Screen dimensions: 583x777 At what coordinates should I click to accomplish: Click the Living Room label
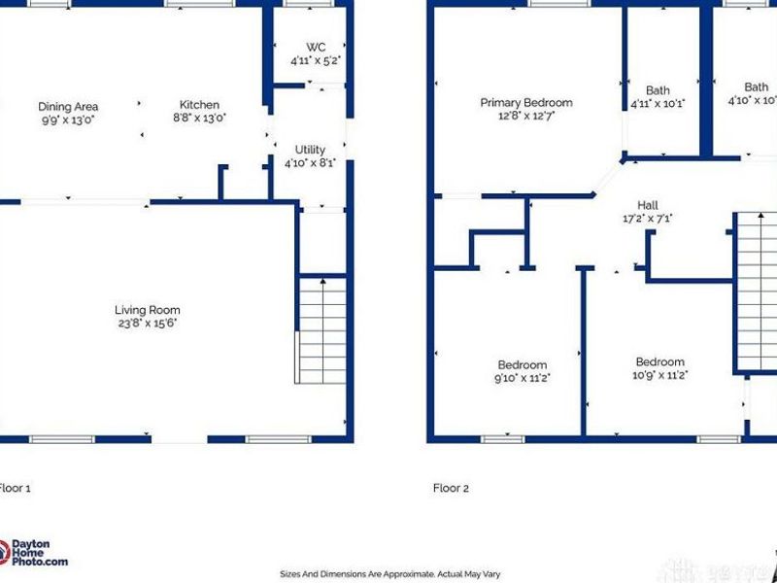(148, 311)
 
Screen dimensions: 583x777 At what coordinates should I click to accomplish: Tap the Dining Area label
(68, 107)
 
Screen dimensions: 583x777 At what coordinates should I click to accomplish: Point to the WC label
(316, 47)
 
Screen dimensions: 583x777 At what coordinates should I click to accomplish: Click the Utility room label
(311, 151)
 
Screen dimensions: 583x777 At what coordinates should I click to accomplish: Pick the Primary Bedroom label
(526, 103)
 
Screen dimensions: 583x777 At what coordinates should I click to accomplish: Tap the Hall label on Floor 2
(648, 205)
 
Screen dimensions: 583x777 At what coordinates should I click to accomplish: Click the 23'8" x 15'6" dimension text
(148, 324)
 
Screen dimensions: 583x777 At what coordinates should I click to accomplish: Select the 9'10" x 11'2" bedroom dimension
(523, 378)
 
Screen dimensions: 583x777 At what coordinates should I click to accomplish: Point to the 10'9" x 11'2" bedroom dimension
(660, 375)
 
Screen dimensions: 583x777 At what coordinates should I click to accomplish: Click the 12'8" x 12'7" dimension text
(526, 116)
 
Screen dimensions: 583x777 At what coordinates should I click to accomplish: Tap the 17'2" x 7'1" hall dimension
(648, 219)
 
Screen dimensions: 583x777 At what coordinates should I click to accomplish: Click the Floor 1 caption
(15, 488)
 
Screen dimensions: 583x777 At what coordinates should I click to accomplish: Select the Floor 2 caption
(452, 488)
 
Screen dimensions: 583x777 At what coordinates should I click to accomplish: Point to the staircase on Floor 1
(321, 330)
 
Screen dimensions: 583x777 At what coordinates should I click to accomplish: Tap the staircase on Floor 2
(757, 291)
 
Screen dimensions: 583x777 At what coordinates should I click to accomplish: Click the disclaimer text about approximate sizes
(388, 574)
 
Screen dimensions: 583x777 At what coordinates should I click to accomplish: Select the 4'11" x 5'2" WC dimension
(316, 60)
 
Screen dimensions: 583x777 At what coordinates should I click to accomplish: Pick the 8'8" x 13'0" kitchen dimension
(199, 118)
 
